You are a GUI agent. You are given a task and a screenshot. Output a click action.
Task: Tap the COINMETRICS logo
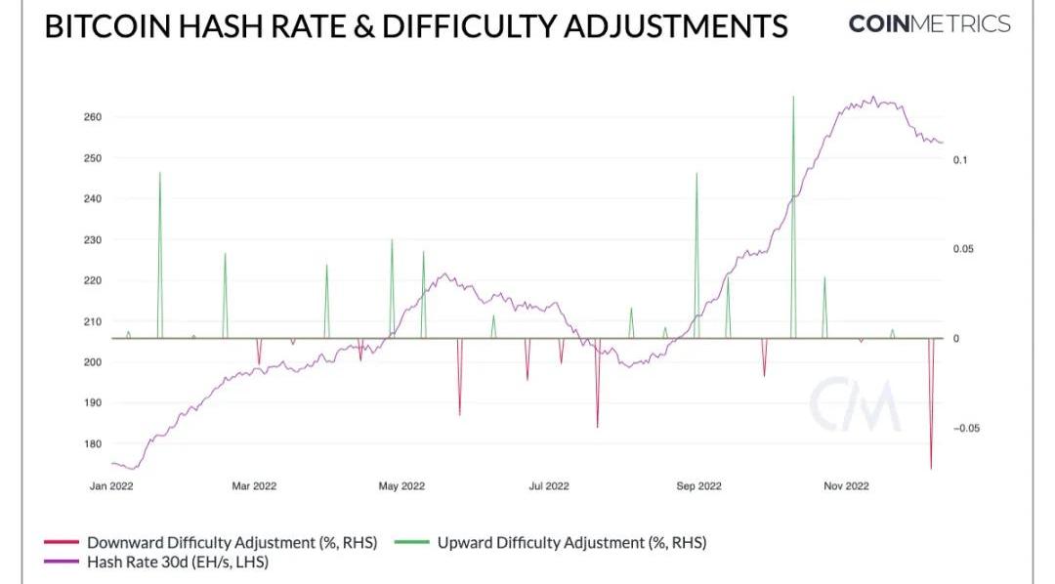pos(929,24)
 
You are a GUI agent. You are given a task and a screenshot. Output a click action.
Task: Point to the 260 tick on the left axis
pos(93,117)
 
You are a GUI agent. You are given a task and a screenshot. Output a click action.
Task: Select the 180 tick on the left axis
pos(93,444)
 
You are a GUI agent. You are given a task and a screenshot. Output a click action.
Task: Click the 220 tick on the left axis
pos(93,280)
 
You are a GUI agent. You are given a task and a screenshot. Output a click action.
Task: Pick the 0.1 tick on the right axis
pos(961,159)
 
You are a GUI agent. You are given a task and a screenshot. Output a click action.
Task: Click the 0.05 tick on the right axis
pos(964,249)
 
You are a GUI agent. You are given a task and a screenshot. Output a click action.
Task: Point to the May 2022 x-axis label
pos(401,485)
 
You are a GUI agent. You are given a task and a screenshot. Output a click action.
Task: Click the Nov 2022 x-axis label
pos(845,485)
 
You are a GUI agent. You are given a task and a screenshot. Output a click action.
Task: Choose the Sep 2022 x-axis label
pos(698,485)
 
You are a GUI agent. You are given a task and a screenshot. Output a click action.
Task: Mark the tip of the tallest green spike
pos(793,97)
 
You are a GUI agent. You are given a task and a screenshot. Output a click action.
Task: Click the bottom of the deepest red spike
pos(931,469)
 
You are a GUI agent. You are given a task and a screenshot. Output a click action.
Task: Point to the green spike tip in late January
pos(159,173)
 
